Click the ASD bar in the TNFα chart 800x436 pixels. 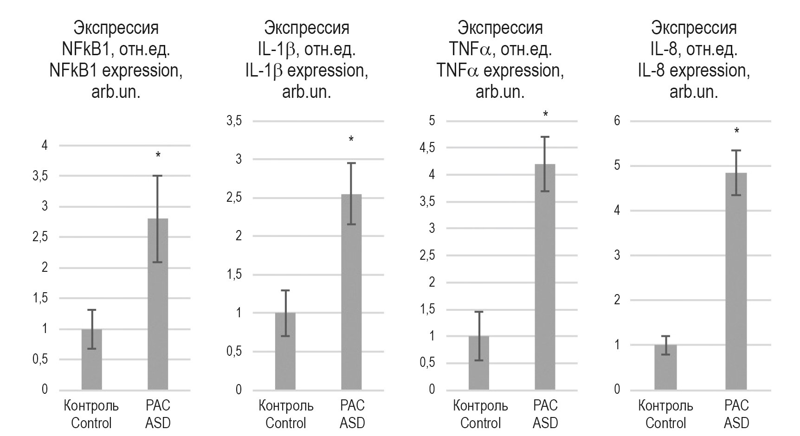tap(545, 278)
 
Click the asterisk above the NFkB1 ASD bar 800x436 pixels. tap(158, 155)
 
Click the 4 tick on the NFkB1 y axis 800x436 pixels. tap(45, 146)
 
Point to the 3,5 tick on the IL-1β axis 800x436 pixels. tap(234, 122)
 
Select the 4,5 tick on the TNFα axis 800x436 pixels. tap(427, 148)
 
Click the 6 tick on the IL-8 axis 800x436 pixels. tap(617, 121)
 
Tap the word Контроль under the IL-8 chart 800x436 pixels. tap(665, 406)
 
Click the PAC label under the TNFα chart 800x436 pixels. tap(545, 406)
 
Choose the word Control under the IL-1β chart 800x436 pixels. tap(286, 423)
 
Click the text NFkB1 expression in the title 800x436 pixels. tap(116, 71)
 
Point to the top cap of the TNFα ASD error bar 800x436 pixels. tap(545, 137)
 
